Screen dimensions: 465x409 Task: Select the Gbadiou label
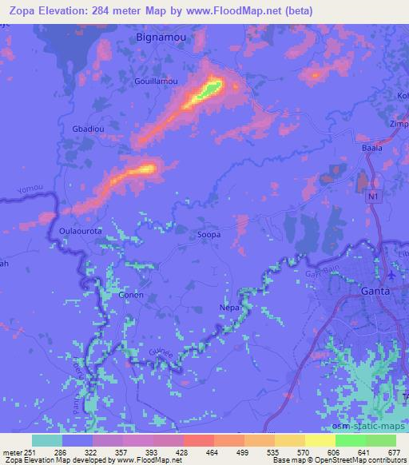click(89, 129)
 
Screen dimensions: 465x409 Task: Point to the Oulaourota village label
click(81, 229)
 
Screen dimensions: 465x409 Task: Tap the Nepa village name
click(228, 307)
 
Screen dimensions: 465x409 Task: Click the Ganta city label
click(376, 291)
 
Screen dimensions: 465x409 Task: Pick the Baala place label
click(372, 148)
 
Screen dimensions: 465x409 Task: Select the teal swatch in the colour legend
click(47, 440)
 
